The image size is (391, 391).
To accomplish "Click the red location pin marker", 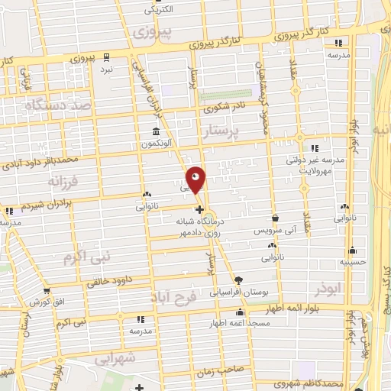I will [196, 179].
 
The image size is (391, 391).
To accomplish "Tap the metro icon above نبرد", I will [106, 57].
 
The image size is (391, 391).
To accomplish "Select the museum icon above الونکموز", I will [155, 131].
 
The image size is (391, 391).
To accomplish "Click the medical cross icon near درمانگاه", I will [199, 209].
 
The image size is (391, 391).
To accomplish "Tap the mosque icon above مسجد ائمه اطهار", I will [241, 312].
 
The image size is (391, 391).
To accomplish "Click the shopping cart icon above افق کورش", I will [49, 289].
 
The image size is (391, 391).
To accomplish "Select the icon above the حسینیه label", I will [352, 250].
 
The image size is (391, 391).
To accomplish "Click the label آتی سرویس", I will [273, 229].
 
